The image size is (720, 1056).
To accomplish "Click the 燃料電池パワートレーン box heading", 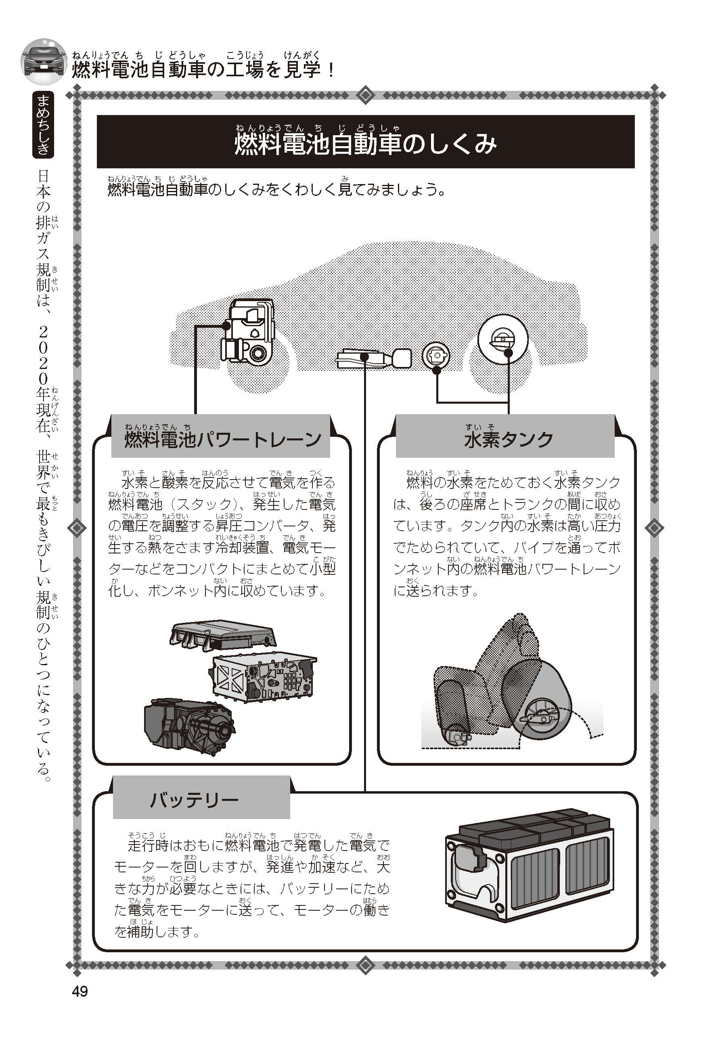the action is pos(223,439).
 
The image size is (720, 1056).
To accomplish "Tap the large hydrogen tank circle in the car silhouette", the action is pos(503,339).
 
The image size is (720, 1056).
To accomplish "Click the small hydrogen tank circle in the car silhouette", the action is pos(435,355).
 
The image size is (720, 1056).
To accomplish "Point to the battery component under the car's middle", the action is pos(373,358).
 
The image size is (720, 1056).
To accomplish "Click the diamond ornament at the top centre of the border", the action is pos(365,95).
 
